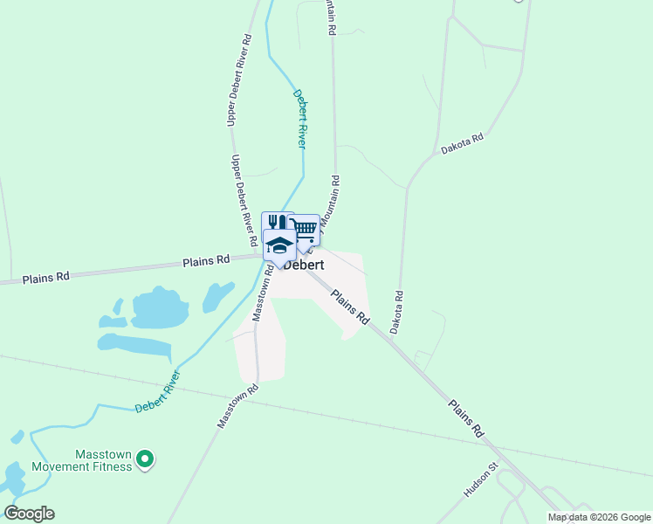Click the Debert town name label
(305, 265)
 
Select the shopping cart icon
(305, 229)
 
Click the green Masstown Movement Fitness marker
(146, 457)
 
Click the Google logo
(29, 513)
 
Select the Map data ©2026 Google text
(598, 517)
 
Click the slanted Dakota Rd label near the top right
(462, 144)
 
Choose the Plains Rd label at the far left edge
(45, 278)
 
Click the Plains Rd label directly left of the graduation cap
(205, 260)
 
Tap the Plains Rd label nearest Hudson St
(466, 418)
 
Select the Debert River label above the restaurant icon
(301, 118)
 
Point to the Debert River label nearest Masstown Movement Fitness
(158, 392)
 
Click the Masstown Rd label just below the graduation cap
(263, 294)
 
